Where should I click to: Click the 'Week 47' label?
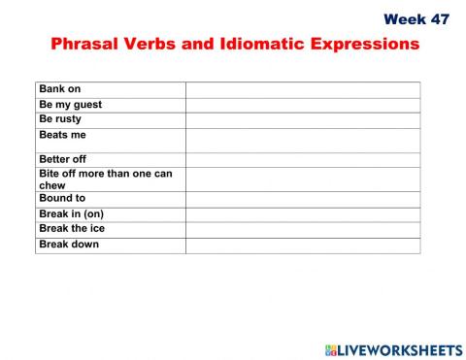coord(416,19)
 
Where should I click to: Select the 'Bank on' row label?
coord(60,89)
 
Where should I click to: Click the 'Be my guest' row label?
coord(70,105)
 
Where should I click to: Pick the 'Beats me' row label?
coord(62,135)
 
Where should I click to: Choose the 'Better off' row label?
coord(64,159)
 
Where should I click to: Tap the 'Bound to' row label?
coord(62,198)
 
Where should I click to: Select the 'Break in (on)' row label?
coord(74,213)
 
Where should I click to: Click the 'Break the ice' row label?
coord(72,229)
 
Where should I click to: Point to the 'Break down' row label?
coord(69,245)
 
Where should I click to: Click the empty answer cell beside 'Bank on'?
coord(303,89)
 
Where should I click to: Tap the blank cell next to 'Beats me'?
coord(303,140)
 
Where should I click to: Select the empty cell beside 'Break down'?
coord(303,245)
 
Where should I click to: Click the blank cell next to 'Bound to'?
coord(303,199)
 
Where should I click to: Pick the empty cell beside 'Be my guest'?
coord(303,105)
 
